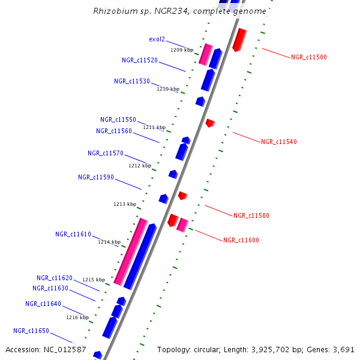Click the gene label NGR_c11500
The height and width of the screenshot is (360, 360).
pos(308,57)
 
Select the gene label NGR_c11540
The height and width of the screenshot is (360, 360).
pos(278,142)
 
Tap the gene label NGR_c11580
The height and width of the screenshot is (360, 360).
pos(251,215)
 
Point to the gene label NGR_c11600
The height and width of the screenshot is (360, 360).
pos(241,241)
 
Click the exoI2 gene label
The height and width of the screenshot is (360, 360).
pos(157,40)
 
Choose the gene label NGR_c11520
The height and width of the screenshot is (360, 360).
pos(139,61)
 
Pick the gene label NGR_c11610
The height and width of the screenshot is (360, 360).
pos(73,235)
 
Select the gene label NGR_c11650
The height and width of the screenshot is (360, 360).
pos(31,331)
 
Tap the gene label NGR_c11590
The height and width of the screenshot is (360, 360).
pos(96,178)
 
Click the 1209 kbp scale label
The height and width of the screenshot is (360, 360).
pos(182,50)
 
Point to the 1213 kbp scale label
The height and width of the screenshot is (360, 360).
pos(125,205)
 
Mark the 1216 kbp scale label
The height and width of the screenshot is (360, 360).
pos(77,317)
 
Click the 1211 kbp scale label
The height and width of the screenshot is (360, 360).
pos(154,127)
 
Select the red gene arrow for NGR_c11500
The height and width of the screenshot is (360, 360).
pos(239,39)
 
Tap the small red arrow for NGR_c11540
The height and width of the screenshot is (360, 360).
pos(210,123)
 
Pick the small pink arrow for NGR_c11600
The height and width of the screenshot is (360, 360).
pos(182,225)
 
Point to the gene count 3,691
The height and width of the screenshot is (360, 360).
pos(343,349)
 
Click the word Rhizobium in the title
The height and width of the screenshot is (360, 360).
pos(112,11)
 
